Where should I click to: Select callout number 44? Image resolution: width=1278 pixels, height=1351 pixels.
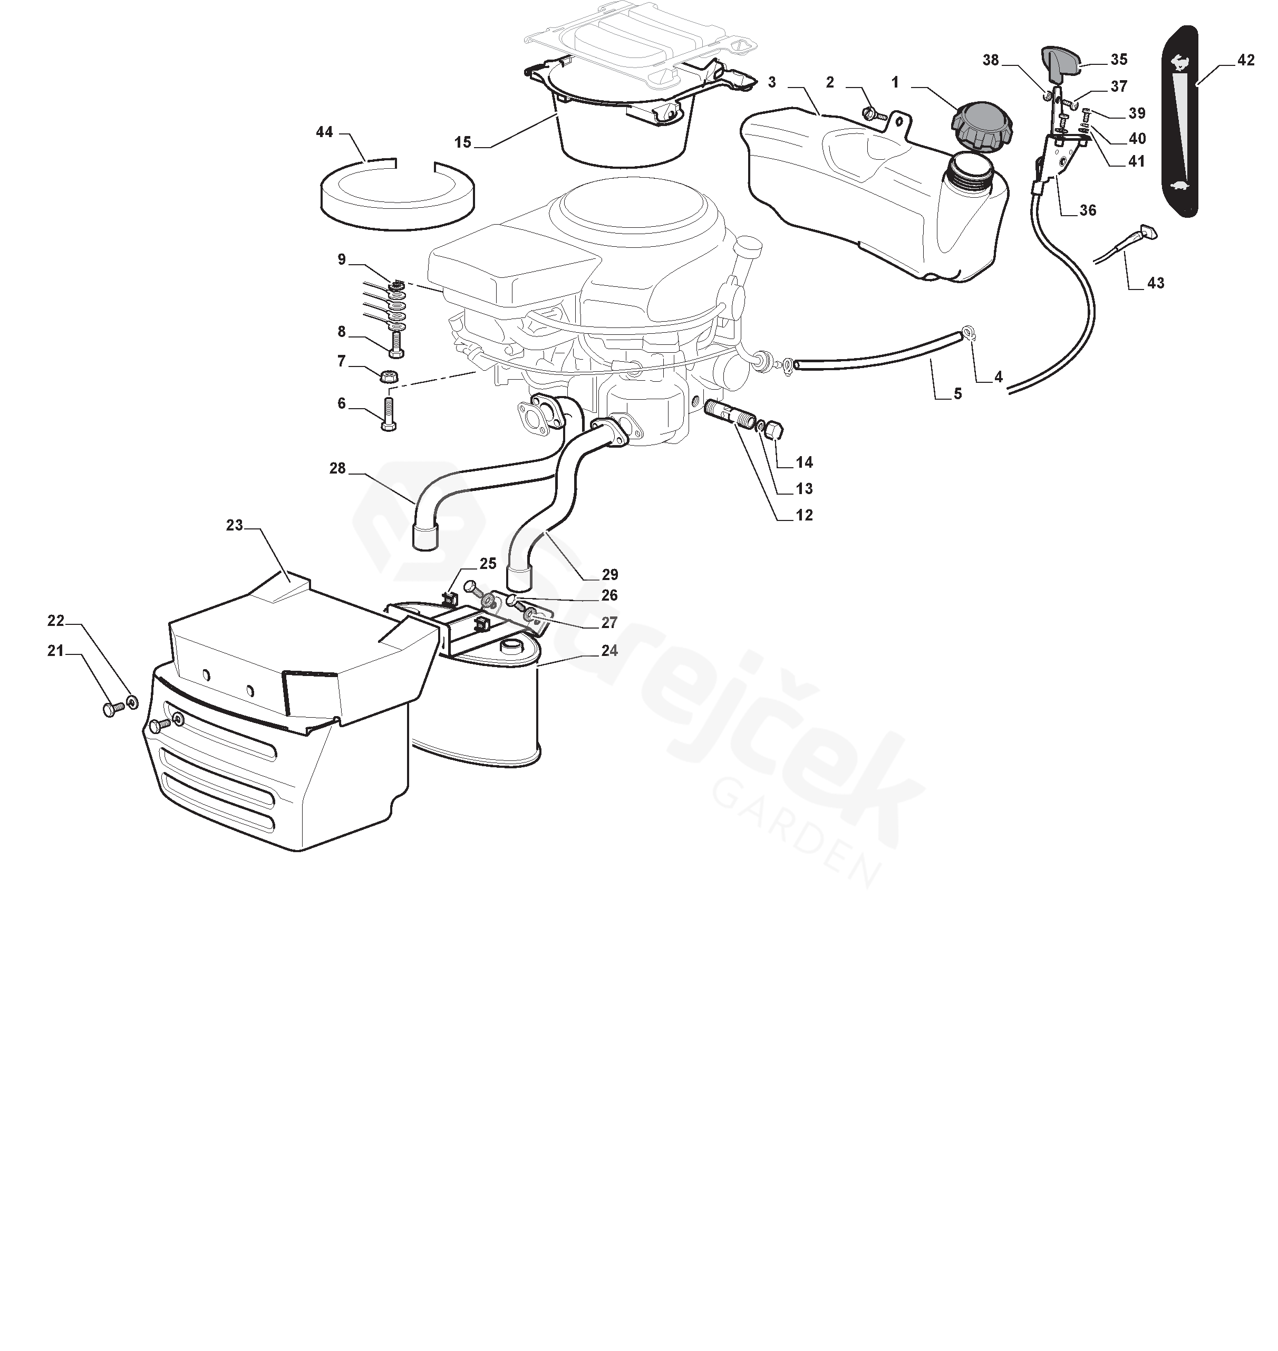tap(324, 131)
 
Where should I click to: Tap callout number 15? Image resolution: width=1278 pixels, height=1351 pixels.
tap(463, 142)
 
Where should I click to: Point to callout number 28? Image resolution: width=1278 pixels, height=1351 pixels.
tap(338, 468)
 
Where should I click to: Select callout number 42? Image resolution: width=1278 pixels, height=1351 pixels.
tap(1245, 60)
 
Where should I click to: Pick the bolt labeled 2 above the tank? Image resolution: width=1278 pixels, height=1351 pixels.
tap(873, 114)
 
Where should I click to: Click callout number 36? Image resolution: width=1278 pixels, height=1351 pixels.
tap(1088, 210)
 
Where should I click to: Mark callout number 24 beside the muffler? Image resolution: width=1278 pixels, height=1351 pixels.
tap(609, 651)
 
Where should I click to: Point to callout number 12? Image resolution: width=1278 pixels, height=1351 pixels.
tap(805, 515)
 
